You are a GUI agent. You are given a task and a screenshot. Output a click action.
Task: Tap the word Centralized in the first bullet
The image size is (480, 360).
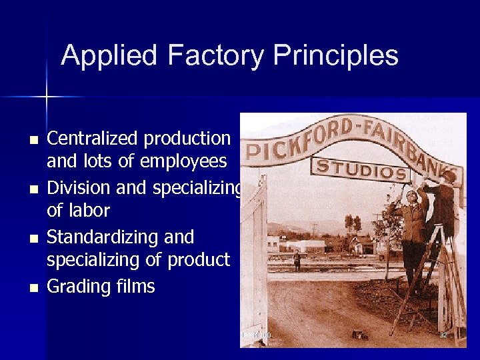point(91,139)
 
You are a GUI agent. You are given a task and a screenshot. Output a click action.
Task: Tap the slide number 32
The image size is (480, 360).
point(443,335)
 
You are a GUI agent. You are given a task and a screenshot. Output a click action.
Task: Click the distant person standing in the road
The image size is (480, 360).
point(297,260)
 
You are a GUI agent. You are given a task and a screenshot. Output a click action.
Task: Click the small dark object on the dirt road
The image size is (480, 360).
point(360,335)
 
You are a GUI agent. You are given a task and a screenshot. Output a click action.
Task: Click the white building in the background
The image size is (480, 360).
point(307,245)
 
